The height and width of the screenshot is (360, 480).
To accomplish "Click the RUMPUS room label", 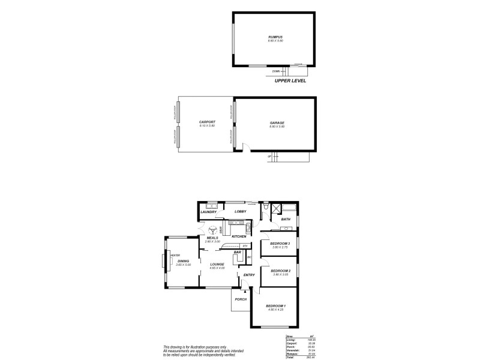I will [x=275, y=37].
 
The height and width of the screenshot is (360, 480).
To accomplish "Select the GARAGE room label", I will [x=277, y=122].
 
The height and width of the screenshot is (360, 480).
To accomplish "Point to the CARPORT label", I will [x=208, y=122].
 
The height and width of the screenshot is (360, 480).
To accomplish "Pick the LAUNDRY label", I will [x=208, y=212].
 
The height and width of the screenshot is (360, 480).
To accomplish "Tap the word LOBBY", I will [x=241, y=212].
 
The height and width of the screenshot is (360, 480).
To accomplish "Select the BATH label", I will [x=286, y=220].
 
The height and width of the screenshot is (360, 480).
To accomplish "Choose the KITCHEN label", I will [x=239, y=236].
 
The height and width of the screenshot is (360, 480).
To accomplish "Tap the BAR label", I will [x=238, y=253].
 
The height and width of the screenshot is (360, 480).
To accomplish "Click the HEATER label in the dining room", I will [x=175, y=255].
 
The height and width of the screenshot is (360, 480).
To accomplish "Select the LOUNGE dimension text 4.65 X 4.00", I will [x=217, y=268].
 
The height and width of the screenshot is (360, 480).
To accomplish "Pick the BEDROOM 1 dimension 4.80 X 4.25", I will [x=276, y=310].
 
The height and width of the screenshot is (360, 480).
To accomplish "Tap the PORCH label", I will [x=241, y=299].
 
